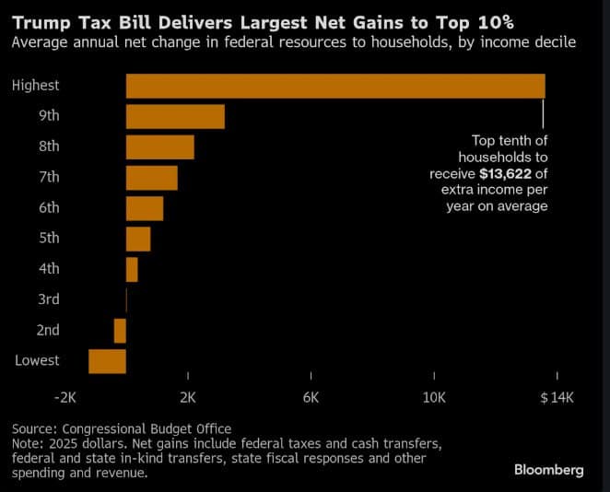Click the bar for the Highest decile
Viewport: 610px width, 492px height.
335,86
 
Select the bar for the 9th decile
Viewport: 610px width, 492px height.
175,117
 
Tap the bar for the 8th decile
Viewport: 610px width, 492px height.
159,147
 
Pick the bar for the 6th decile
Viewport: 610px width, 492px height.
144,208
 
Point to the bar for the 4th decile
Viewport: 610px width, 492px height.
132,269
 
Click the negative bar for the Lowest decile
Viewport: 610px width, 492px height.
107,361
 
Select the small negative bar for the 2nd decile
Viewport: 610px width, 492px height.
120,331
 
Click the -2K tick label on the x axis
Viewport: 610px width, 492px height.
65,398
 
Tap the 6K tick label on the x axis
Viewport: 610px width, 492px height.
311,398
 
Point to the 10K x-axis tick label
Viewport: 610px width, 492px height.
434,398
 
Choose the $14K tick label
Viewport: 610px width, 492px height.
557,398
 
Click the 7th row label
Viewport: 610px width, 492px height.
49,177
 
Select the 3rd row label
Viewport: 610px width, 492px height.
49,299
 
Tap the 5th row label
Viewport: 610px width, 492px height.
49,238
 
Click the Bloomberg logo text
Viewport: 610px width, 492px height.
548,470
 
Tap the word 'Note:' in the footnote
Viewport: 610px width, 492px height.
29,443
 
